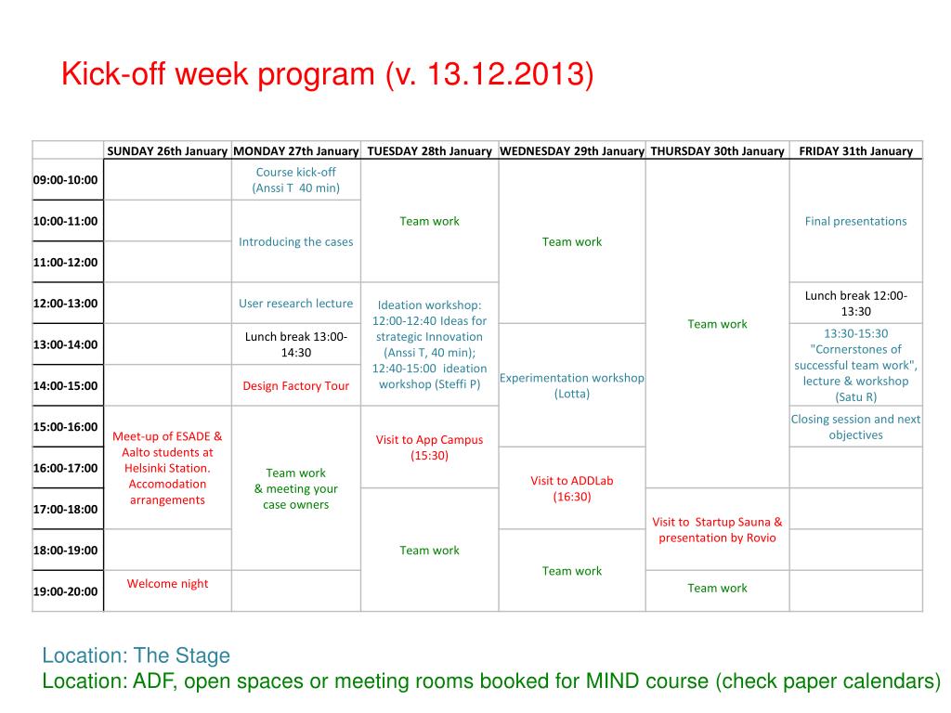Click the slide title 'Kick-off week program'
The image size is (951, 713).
(x=219, y=74)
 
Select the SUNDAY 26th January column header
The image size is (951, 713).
(x=167, y=151)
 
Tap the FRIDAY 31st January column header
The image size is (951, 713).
(x=855, y=151)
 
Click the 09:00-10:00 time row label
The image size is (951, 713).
(x=66, y=180)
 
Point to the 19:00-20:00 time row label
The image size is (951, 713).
(x=66, y=591)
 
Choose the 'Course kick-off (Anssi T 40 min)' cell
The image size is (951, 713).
(x=296, y=180)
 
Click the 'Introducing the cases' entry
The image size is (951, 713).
(x=296, y=242)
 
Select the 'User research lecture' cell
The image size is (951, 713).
(x=296, y=304)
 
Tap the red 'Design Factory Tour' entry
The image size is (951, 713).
(x=296, y=385)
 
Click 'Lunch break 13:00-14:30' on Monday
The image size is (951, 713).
(x=296, y=344)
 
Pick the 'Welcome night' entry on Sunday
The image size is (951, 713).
(x=167, y=584)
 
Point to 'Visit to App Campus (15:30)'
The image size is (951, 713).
(x=429, y=447)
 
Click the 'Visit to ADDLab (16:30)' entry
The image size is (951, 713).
(x=572, y=488)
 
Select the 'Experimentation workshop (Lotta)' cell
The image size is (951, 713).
(x=572, y=385)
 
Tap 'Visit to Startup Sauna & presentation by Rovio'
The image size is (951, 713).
(x=718, y=530)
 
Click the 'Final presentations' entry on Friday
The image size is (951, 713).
(x=855, y=221)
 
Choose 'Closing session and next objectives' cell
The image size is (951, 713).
(x=855, y=427)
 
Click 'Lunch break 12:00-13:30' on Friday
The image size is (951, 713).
(x=855, y=304)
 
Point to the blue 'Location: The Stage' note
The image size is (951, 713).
(x=136, y=655)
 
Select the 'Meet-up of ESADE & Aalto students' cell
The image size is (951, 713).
(x=167, y=468)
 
